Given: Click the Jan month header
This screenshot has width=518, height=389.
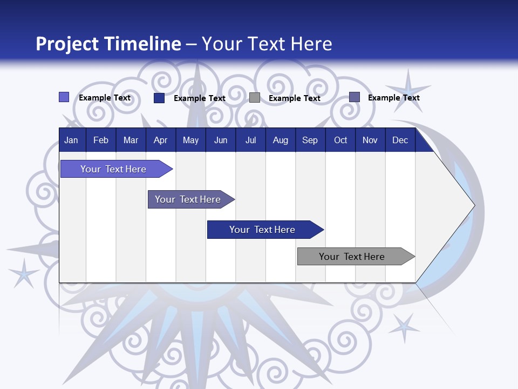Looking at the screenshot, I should tap(71, 140).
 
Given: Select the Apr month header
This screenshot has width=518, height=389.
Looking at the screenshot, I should tap(160, 140).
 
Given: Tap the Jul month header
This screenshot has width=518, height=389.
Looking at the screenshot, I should tap(250, 140).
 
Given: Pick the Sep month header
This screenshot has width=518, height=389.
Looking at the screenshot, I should tap(310, 140).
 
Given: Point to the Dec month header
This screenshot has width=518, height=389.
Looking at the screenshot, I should tap(400, 140).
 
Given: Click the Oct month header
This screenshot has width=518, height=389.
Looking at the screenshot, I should tap(340, 140).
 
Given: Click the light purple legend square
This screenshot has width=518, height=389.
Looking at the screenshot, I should tap(64, 97).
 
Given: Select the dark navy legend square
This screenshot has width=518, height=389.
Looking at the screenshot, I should tap(159, 98).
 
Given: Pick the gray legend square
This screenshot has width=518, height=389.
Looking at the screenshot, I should tap(255, 98).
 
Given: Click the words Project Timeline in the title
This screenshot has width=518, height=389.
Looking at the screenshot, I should tap(108, 44).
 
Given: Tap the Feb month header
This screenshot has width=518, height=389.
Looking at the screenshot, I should tap(101, 140).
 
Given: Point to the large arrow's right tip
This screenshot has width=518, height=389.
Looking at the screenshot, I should tap(474, 205).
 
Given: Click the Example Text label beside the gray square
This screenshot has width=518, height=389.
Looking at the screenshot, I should tap(294, 98).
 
